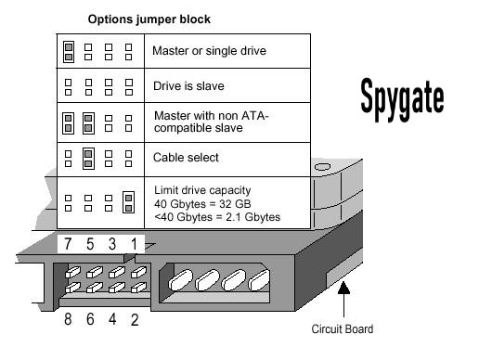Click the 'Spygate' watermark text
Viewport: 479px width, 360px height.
(402, 95)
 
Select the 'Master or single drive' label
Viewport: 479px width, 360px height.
(209, 51)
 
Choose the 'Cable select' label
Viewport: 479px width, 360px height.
(186, 158)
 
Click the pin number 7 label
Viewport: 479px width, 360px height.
(67, 245)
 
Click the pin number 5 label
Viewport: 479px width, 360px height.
(88, 245)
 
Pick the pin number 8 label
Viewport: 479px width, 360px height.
(67, 321)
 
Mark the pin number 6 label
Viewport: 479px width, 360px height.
(88, 321)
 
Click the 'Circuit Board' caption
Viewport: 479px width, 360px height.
(343, 328)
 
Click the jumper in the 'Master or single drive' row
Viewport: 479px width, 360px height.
(69, 51)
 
